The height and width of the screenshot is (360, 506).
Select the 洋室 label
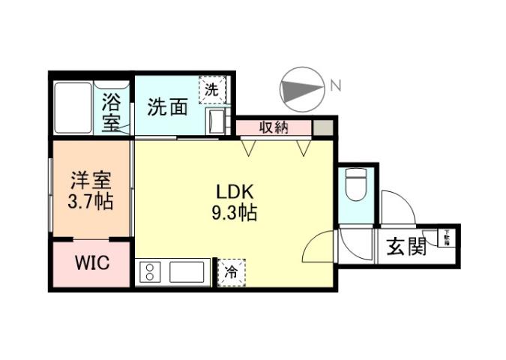(x=91, y=181)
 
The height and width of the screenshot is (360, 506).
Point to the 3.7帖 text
(x=91, y=201)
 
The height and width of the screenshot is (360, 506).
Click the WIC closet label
(x=91, y=264)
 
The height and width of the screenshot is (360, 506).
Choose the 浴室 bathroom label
(x=113, y=111)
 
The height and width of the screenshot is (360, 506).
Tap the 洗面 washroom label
(x=166, y=107)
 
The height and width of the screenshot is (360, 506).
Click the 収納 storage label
(x=274, y=127)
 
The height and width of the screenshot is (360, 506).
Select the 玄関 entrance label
(x=406, y=246)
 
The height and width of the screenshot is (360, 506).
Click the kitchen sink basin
(x=187, y=271)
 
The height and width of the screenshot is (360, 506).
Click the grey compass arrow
(x=301, y=89)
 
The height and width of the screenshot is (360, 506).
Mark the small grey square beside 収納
(x=322, y=127)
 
